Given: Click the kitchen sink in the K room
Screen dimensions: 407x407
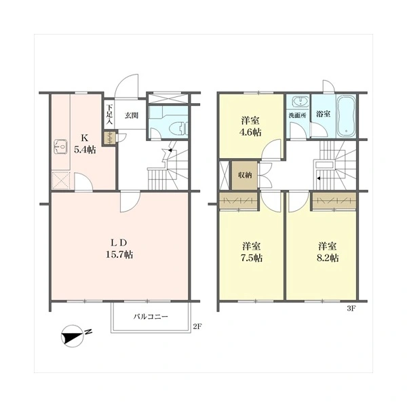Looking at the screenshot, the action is [x=60, y=147].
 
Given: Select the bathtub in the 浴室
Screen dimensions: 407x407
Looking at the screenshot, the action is [x=346, y=116].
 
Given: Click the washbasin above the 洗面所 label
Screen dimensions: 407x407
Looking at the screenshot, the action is [x=300, y=101].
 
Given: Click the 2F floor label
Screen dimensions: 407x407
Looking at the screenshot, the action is [x=197, y=326].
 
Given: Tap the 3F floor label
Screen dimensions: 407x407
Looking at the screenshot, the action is [x=351, y=309].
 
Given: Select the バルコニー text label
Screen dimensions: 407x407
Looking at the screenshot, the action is [x=151, y=317].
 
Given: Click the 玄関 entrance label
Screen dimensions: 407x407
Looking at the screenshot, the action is [x=132, y=115].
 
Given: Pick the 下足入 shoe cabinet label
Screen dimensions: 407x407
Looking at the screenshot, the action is [x=109, y=114].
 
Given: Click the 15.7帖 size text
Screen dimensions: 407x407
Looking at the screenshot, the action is [x=119, y=254].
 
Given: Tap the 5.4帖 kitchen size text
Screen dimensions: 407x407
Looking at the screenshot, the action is [x=85, y=150].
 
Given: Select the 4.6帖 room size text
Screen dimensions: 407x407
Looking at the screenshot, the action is [x=250, y=132].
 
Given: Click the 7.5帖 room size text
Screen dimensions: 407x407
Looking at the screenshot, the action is [x=251, y=258].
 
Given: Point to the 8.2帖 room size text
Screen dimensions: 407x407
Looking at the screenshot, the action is [x=328, y=258].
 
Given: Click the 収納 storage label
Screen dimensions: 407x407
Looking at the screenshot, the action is [x=245, y=175].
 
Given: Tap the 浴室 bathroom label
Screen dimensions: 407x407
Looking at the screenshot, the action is [x=323, y=114].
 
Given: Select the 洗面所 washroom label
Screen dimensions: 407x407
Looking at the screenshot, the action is [x=298, y=115].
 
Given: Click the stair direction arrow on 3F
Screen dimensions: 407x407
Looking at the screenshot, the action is [x=318, y=178].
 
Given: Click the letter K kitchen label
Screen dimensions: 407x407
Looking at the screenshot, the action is [x=84, y=138].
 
